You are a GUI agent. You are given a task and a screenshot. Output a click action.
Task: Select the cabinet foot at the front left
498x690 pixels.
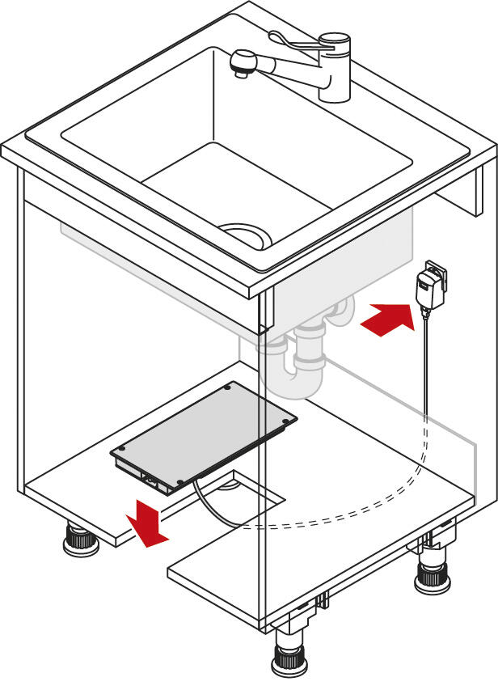pos(82,540)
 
